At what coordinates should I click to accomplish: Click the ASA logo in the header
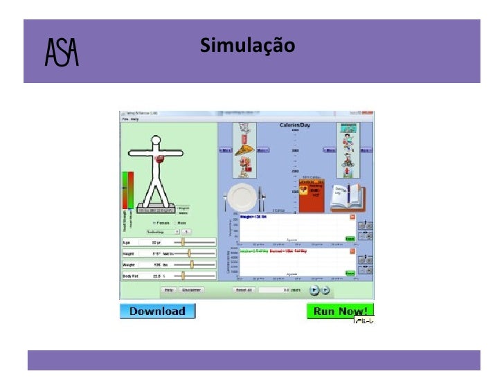pyautogui.click(x=62, y=51)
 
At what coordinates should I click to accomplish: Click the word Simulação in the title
pyautogui.click(x=247, y=46)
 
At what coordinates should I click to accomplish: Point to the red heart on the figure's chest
pyautogui.click(x=161, y=159)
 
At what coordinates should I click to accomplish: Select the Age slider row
pyautogui.click(x=168, y=242)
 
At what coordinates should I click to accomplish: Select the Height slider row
pyautogui.click(x=168, y=254)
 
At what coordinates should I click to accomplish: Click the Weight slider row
pyautogui.click(x=168, y=264)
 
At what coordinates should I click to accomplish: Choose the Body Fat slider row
pyautogui.click(x=168, y=276)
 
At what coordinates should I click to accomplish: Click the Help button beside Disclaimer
pyautogui.click(x=168, y=290)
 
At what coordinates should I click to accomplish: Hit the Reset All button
pyautogui.click(x=244, y=290)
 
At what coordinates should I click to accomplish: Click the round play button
pyautogui.click(x=314, y=290)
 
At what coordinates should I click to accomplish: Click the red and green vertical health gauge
pyautogui.click(x=127, y=190)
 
